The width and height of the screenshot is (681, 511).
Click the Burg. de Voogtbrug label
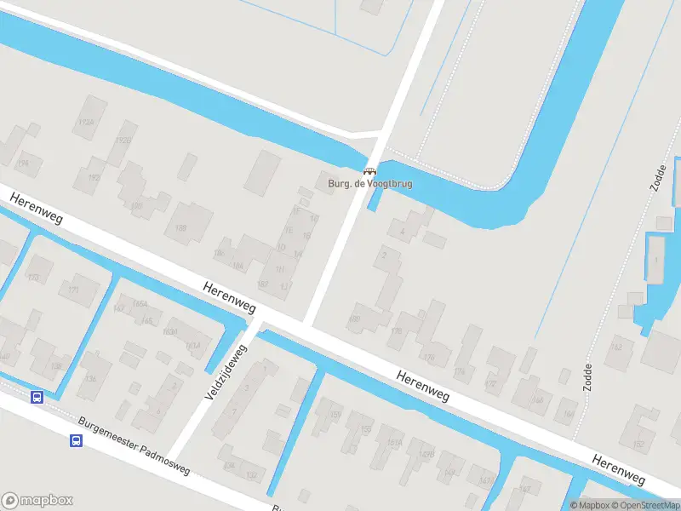pos(369,182)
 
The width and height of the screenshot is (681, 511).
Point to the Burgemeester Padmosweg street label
pos(134,445)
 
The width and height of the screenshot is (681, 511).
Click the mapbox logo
pos(37,501)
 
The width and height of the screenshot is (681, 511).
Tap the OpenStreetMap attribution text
pos(644,505)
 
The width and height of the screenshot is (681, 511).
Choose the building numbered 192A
pos(85,123)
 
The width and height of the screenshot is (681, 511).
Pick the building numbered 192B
pos(123,141)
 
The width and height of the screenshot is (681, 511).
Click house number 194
pos(23,164)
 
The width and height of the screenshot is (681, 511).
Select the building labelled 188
pos(181,228)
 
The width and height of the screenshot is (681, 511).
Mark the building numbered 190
pos(135,206)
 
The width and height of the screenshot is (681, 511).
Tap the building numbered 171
pos(73,290)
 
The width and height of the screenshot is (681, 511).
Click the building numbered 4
pos(401,230)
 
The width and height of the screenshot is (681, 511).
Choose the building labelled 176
pos(428,357)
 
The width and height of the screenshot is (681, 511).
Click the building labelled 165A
pos(141,304)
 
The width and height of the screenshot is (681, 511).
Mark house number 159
pos(335,415)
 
